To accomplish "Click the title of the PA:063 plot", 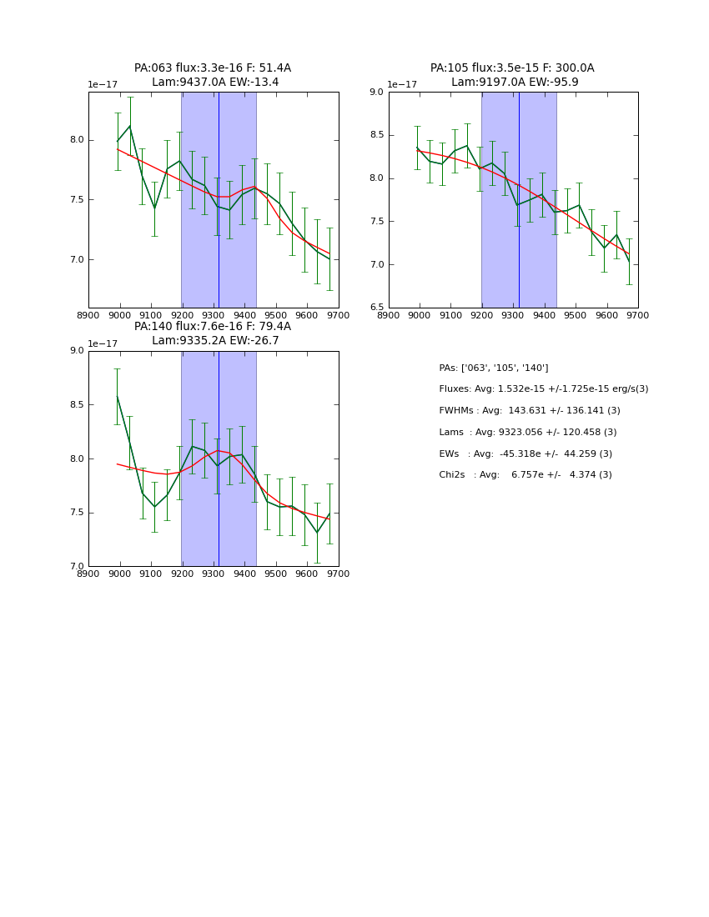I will coord(213,75).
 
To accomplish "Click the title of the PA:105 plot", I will coord(512,75).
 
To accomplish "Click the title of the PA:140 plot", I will coord(213,333).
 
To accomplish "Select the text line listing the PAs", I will coord(493,368).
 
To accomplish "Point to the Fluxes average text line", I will coord(543,389).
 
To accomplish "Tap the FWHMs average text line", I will coord(529,411).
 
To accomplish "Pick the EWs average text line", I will coord(525,453).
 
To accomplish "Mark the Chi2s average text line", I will coord(525,475).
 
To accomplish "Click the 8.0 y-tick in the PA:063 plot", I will coord(77,140).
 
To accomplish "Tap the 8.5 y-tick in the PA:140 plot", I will coord(77,405).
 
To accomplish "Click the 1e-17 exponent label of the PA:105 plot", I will coord(402,85).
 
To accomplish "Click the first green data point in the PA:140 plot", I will coord(117,396).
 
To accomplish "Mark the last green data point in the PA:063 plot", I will coord(329,259).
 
